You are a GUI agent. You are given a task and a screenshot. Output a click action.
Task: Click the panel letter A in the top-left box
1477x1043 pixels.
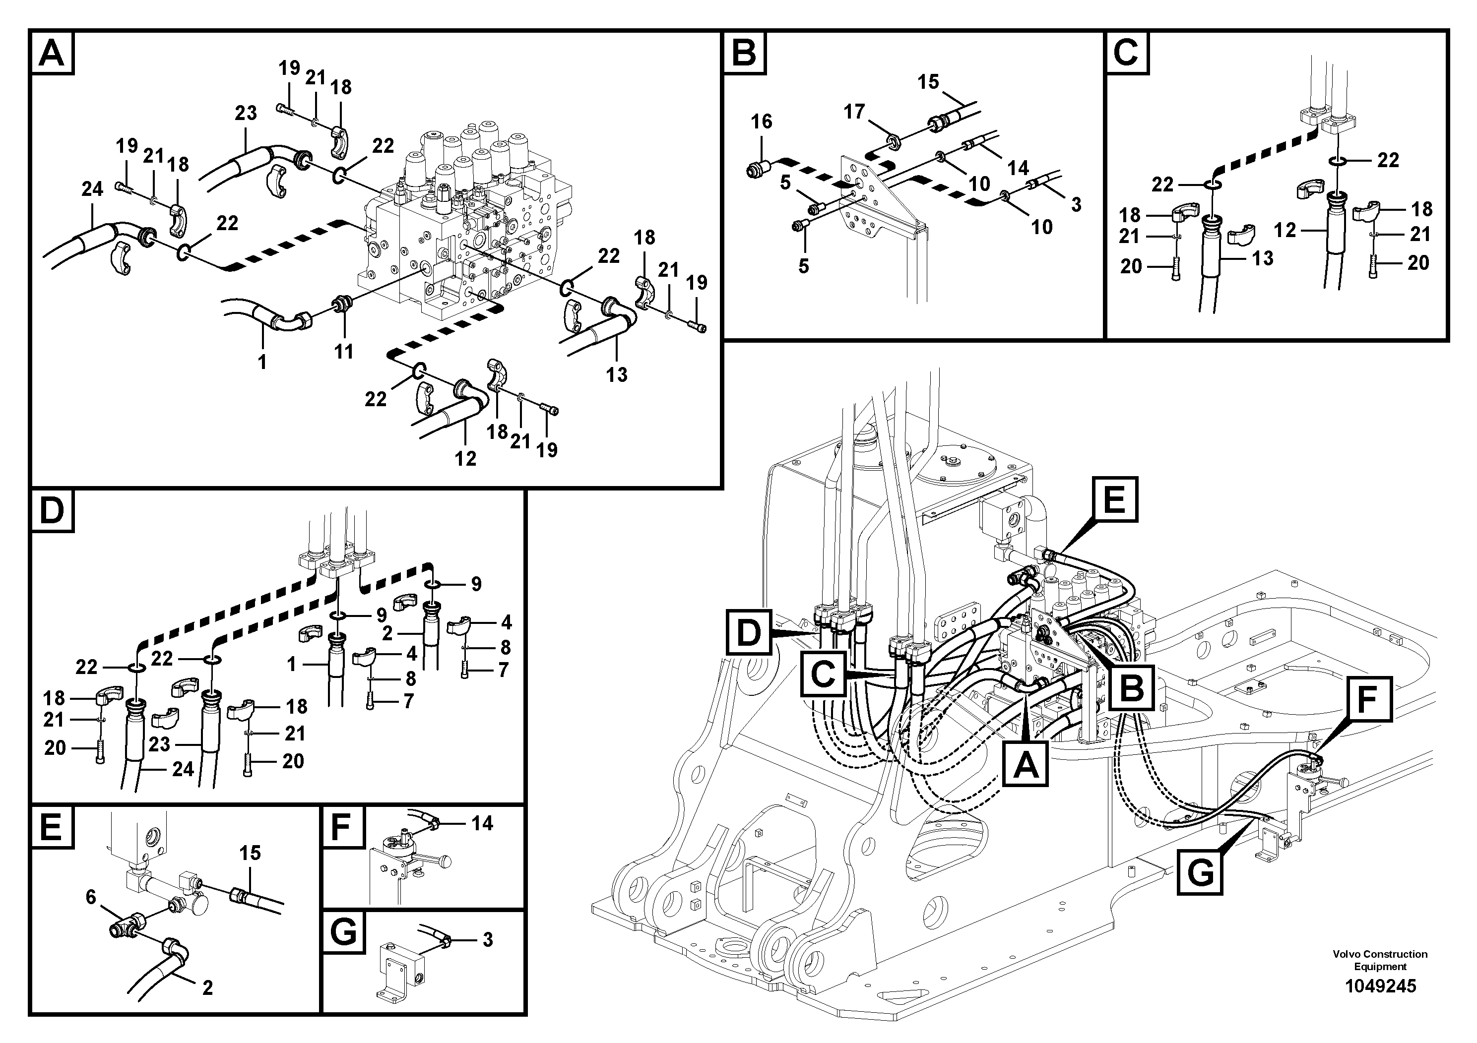pos(52,54)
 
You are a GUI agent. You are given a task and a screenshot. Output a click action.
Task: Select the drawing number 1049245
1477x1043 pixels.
pos(1380,986)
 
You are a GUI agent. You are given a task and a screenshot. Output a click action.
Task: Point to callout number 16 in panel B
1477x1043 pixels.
pos(761,122)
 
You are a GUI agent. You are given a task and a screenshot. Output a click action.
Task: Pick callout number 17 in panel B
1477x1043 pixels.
pos(854,112)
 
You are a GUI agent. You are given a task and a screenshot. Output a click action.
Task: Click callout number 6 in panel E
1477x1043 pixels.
pos(91,897)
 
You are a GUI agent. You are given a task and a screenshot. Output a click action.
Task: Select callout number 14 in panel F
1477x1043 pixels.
pos(482,823)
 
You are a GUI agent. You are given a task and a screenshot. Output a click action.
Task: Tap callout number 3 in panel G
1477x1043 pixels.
pos(488,939)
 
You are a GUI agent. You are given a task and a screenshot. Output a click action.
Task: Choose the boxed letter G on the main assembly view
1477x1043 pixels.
pos(1200,872)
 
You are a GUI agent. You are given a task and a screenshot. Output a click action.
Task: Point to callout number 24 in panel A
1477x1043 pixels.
pos(92,189)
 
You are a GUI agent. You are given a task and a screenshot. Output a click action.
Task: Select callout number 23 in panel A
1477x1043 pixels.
pos(246,113)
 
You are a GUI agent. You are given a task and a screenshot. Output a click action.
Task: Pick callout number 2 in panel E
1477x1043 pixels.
pos(207,987)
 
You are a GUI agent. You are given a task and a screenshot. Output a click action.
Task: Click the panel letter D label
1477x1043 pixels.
pos(52,511)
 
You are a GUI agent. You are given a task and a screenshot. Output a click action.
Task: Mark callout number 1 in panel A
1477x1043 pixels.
pos(262,363)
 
